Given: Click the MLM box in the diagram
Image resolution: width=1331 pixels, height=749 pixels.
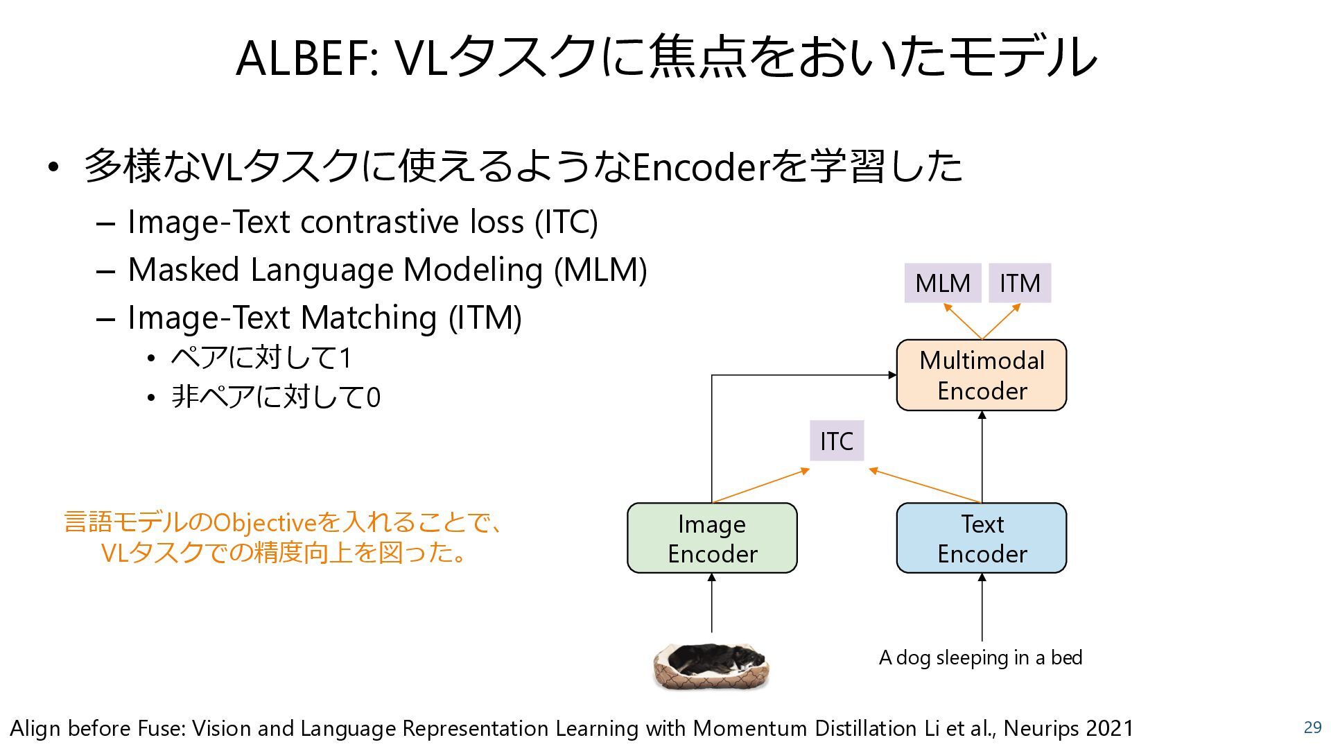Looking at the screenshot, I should [942, 283].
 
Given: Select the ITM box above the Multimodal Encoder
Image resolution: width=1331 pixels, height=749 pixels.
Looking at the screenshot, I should [1020, 283].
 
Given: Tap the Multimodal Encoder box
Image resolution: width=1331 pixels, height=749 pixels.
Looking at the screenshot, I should [981, 375].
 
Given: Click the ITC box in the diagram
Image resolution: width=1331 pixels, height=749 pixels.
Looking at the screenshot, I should [837, 440].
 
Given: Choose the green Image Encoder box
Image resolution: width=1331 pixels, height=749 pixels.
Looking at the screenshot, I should [712, 538].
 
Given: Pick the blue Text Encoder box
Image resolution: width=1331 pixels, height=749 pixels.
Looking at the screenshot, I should [981, 538].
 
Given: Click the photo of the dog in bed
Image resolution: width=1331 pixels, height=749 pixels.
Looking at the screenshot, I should [711, 666].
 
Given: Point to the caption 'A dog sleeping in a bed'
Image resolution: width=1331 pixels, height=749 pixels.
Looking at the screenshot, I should [980, 657].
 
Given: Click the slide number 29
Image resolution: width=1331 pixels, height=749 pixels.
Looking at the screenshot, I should [1312, 727].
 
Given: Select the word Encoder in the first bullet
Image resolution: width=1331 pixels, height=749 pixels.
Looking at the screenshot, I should [701, 167].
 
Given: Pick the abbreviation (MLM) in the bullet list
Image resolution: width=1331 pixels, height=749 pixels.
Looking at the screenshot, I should [600, 270].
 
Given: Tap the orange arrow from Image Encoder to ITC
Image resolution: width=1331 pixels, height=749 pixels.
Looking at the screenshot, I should [761, 485].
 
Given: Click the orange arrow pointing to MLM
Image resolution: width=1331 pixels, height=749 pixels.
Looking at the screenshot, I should [962, 321].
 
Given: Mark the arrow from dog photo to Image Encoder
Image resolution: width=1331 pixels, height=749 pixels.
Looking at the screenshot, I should [712, 603].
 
